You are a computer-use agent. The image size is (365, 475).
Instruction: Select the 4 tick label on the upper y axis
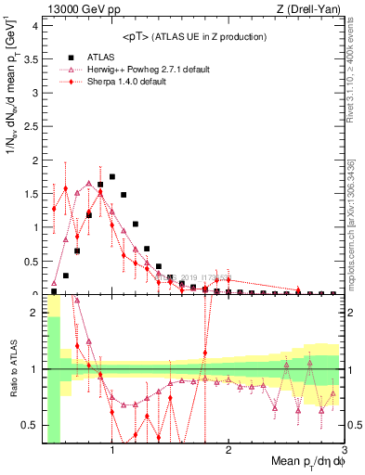click(35, 26)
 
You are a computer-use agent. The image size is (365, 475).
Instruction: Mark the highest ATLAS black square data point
click(112, 176)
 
